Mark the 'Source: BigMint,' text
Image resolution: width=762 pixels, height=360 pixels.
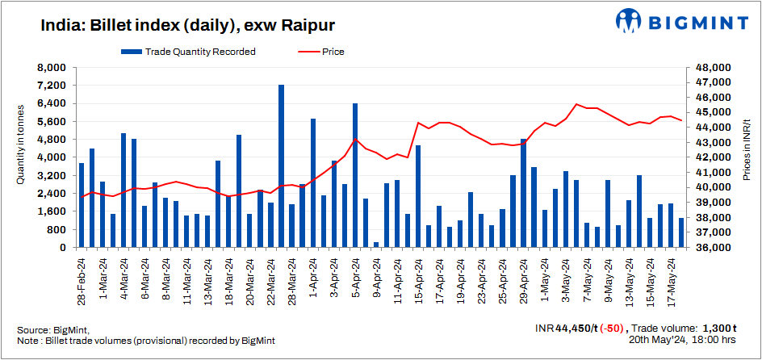[x=53, y=330]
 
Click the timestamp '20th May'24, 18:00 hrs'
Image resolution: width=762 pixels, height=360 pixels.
[x=682, y=341]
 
